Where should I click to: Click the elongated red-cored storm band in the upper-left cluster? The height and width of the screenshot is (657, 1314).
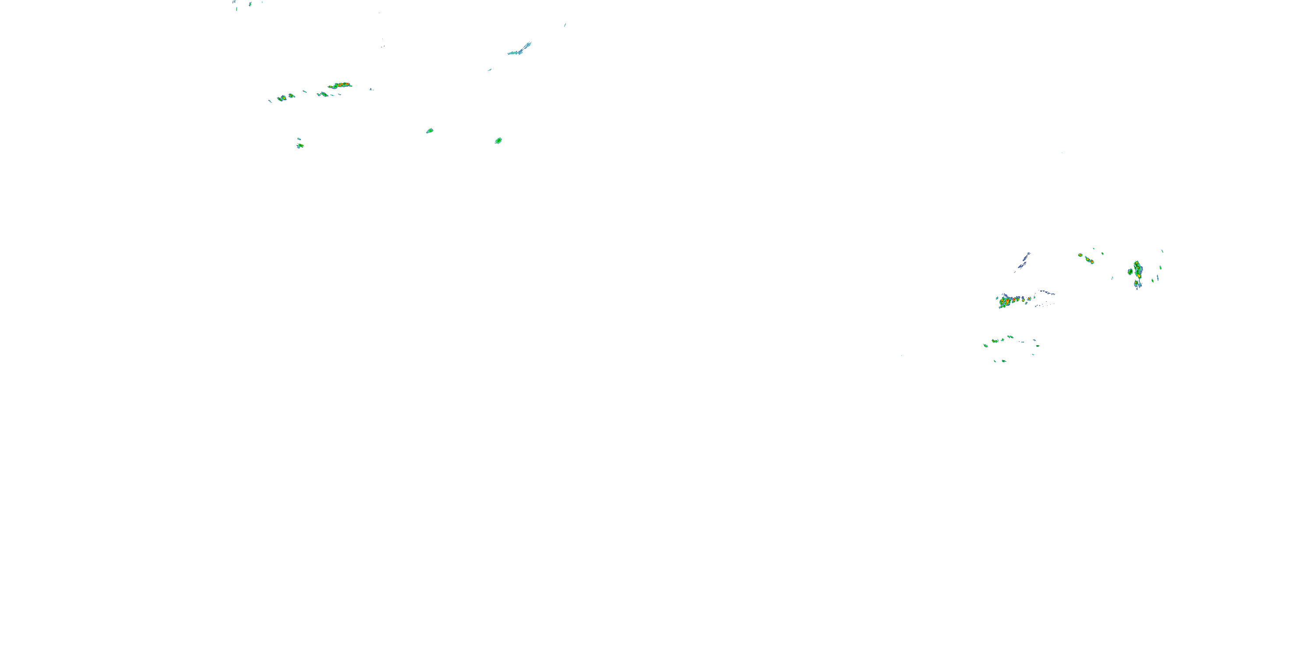pyautogui.click(x=341, y=85)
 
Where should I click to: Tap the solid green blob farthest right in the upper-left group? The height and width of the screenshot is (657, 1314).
pyautogui.click(x=498, y=140)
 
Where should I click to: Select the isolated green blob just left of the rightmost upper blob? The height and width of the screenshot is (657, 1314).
pyautogui.click(x=430, y=131)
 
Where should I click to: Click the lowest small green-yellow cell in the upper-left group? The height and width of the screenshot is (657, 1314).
pyautogui.click(x=300, y=146)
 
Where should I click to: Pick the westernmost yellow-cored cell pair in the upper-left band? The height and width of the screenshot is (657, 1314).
pyautogui.click(x=282, y=98)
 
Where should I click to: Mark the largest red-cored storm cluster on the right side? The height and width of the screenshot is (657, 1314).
pyautogui.click(x=1006, y=301)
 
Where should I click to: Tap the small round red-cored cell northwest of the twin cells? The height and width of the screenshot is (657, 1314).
pyautogui.click(x=1081, y=255)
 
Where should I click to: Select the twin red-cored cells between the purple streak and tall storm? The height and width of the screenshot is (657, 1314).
pyautogui.click(x=1090, y=261)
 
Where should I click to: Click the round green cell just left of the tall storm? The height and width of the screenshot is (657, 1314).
pyautogui.click(x=1130, y=272)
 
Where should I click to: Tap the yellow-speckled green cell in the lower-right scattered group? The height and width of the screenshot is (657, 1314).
pyautogui.click(x=995, y=340)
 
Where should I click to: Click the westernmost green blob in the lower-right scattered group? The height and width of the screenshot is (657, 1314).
pyautogui.click(x=985, y=345)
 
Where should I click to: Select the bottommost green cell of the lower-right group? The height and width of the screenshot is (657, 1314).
pyautogui.click(x=1003, y=361)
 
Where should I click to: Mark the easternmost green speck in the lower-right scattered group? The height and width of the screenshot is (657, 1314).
pyautogui.click(x=1038, y=346)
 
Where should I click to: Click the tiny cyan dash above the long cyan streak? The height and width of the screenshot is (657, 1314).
pyautogui.click(x=565, y=25)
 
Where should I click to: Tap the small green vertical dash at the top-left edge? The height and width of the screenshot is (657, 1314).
pyautogui.click(x=236, y=9)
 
